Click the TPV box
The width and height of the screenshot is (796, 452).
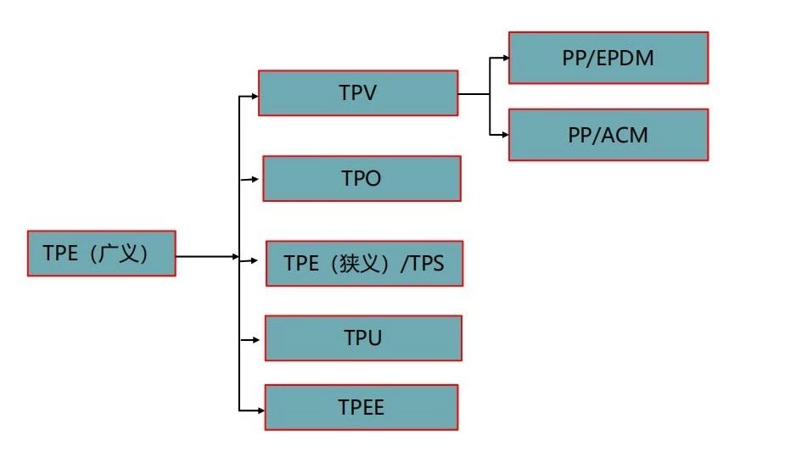coord(357,93)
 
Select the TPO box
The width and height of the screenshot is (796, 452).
coord(362,178)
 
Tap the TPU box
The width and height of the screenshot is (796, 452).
coord(363,338)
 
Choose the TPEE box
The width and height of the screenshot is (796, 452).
coord(362,407)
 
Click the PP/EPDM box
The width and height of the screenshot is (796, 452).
coord(608,58)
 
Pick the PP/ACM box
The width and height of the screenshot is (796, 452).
coord(608,134)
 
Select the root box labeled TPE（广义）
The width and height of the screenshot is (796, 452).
coord(101,253)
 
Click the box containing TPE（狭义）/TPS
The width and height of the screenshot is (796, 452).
coord(364,263)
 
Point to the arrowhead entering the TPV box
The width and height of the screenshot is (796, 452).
coord(254,95)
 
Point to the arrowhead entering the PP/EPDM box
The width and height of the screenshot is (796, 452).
coord(505,59)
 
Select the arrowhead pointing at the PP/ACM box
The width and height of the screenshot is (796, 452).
coord(505,134)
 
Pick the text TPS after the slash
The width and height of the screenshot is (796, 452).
coord(425,263)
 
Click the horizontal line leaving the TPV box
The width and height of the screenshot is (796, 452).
coord(474,94)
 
